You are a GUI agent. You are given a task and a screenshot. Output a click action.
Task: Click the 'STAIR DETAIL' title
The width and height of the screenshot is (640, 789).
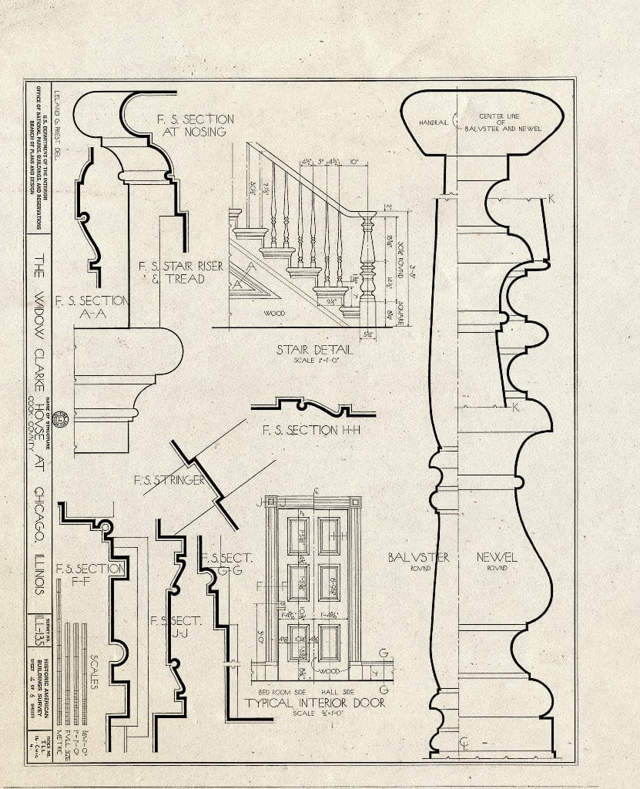coord(315,350)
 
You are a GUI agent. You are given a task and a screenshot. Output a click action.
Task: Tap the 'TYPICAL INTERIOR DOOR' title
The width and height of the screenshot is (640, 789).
coord(314,703)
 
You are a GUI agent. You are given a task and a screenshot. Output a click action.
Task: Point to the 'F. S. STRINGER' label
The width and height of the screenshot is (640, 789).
coord(169,480)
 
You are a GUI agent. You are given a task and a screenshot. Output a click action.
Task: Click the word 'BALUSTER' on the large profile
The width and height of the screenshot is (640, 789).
coord(418,556)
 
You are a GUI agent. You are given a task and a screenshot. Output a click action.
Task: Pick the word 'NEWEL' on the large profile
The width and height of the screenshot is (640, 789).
coord(497,556)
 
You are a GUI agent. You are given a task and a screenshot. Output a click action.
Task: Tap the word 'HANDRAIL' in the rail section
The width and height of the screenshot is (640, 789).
coord(434,123)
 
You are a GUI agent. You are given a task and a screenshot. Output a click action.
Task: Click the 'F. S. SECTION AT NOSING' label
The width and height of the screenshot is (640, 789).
coord(195,126)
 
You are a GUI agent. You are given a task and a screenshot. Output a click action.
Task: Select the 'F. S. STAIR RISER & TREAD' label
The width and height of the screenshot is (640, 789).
coord(182,272)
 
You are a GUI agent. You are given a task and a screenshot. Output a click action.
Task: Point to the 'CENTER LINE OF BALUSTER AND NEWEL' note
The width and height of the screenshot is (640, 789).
coord(500,123)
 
